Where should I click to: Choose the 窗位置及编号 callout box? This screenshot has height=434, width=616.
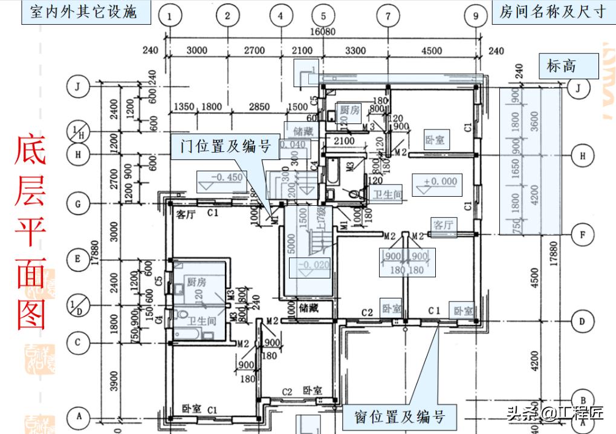coord(400,416)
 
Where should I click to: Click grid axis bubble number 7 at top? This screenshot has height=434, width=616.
coord(388,16)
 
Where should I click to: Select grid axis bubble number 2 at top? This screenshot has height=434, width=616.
coord(227,16)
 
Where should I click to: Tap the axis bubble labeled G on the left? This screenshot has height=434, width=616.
coord(78,204)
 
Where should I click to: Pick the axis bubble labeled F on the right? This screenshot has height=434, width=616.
coord(582,234)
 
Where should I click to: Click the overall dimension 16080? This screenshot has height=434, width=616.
coord(323,32)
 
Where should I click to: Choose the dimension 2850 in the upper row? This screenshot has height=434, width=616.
coord(259,107)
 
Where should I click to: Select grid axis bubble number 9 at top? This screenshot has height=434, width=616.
coord(476,16)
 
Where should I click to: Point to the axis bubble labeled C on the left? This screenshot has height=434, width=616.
coord(78,341)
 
